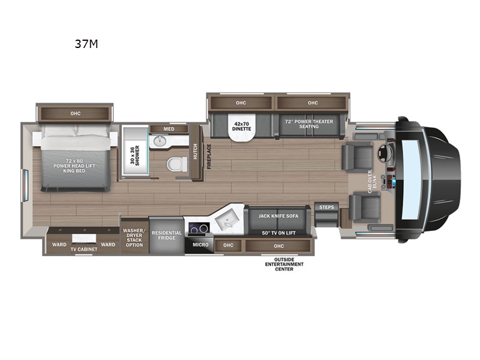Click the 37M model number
point(86,44)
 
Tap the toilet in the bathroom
point(177,164)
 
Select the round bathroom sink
point(160,141)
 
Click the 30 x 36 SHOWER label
point(134,155)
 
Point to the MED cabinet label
point(169,129)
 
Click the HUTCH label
point(195,151)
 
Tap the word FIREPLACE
point(209,157)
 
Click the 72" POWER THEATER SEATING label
point(309,124)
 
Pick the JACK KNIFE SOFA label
point(278,216)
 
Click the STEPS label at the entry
point(326,207)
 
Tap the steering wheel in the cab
point(383,153)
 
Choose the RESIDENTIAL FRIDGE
point(167,235)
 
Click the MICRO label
point(200,245)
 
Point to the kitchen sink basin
point(227,219)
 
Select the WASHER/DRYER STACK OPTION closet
point(134,236)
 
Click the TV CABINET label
point(84,249)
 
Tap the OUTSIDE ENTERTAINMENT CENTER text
point(284,264)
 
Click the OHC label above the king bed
point(76,113)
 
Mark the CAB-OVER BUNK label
point(372,182)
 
